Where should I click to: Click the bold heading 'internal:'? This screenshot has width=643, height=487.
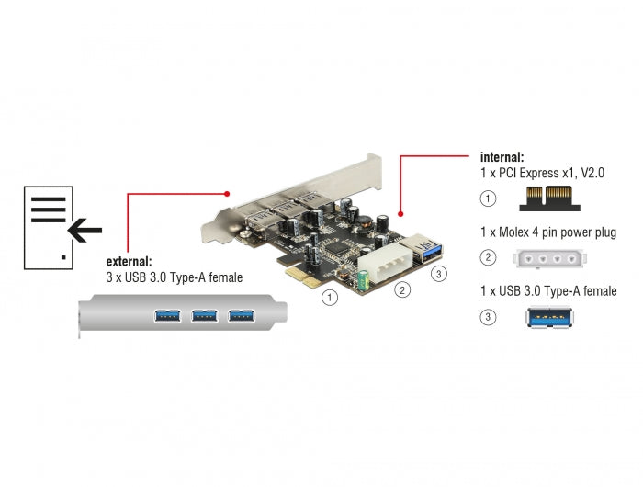click(502, 157)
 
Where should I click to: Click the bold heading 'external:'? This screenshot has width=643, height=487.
click(130, 260)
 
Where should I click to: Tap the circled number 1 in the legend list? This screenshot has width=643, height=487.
click(489, 198)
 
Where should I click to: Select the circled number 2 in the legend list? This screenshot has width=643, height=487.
click(489, 259)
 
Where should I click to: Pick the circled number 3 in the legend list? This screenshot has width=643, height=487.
click(489, 318)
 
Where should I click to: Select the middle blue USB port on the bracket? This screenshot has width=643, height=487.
click(203, 317)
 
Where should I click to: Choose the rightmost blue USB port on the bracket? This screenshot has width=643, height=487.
click(241, 317)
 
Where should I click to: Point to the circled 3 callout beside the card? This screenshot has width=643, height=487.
click(438, 273)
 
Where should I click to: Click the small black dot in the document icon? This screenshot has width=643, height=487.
click(63, 257)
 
